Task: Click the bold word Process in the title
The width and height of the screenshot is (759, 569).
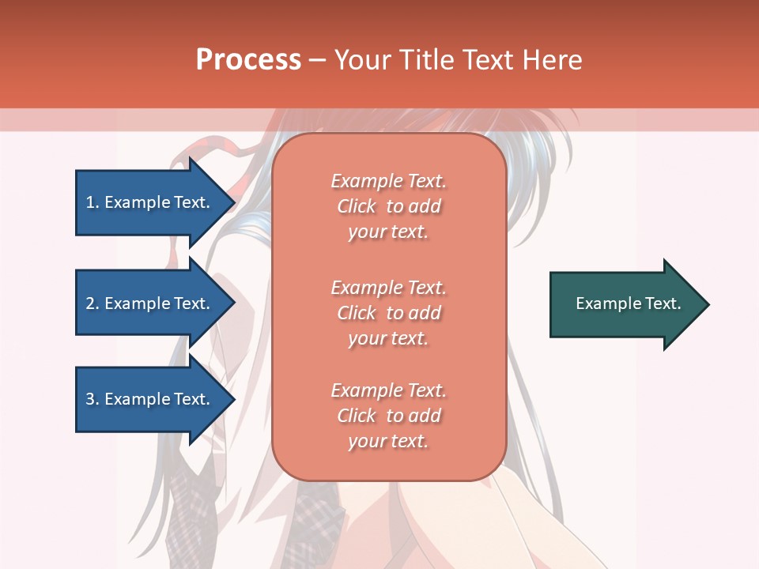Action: click(x=248, y=59)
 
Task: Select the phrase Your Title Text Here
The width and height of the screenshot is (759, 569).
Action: click(x=458, y=60)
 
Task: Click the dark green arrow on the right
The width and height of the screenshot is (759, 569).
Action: click(x=625, y=303)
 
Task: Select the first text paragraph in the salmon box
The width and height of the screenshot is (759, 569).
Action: click(x=388, y=206)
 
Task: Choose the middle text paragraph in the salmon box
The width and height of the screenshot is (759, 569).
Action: click(x=388, y=313)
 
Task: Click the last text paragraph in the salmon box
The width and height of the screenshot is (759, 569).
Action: click(x=388, y=416)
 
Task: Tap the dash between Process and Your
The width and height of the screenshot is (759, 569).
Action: click(x=317, y=60)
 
